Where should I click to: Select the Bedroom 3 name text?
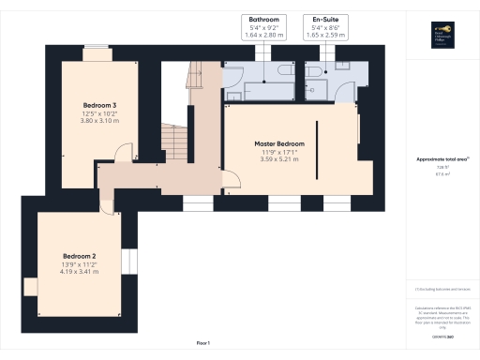coord(100,103)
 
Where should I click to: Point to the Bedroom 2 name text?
coord(80,256)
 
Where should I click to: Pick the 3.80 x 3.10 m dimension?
coord(100,120)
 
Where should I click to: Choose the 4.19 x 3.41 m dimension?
coord(80,272)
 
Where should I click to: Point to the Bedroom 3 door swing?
coord(122,155)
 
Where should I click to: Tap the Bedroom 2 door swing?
coord(112,199)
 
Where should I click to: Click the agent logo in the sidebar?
coord(441,35)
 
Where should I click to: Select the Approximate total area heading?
coord(441,159)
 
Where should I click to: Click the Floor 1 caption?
coord(202,343)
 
